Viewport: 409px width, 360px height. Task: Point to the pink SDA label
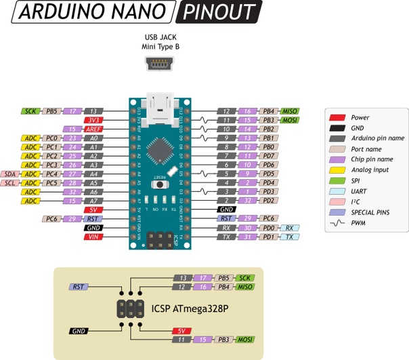pyautogui.click(x=10, y=174)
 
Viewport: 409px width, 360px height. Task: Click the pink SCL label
pyautogui.click(x=10, y=183)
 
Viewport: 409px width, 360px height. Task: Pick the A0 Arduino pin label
pyautogui.click(x=94, y=138)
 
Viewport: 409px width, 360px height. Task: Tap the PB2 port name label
pyautogui.click(x=269, y=129)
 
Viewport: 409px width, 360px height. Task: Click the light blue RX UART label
pyautogui.click(x=289, y=228)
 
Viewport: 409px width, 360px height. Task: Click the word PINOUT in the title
pyautogui.click(x=220, y=12)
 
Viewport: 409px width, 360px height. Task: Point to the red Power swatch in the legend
pyautogui.click(x=337, y=117)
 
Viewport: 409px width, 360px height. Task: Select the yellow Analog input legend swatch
pyautogui.click(x=337, y=170)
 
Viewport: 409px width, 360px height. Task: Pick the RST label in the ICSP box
pyautogui.click(x=79, y=287)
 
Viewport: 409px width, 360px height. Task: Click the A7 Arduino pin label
pyautogui.click(x=94, y=201)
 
